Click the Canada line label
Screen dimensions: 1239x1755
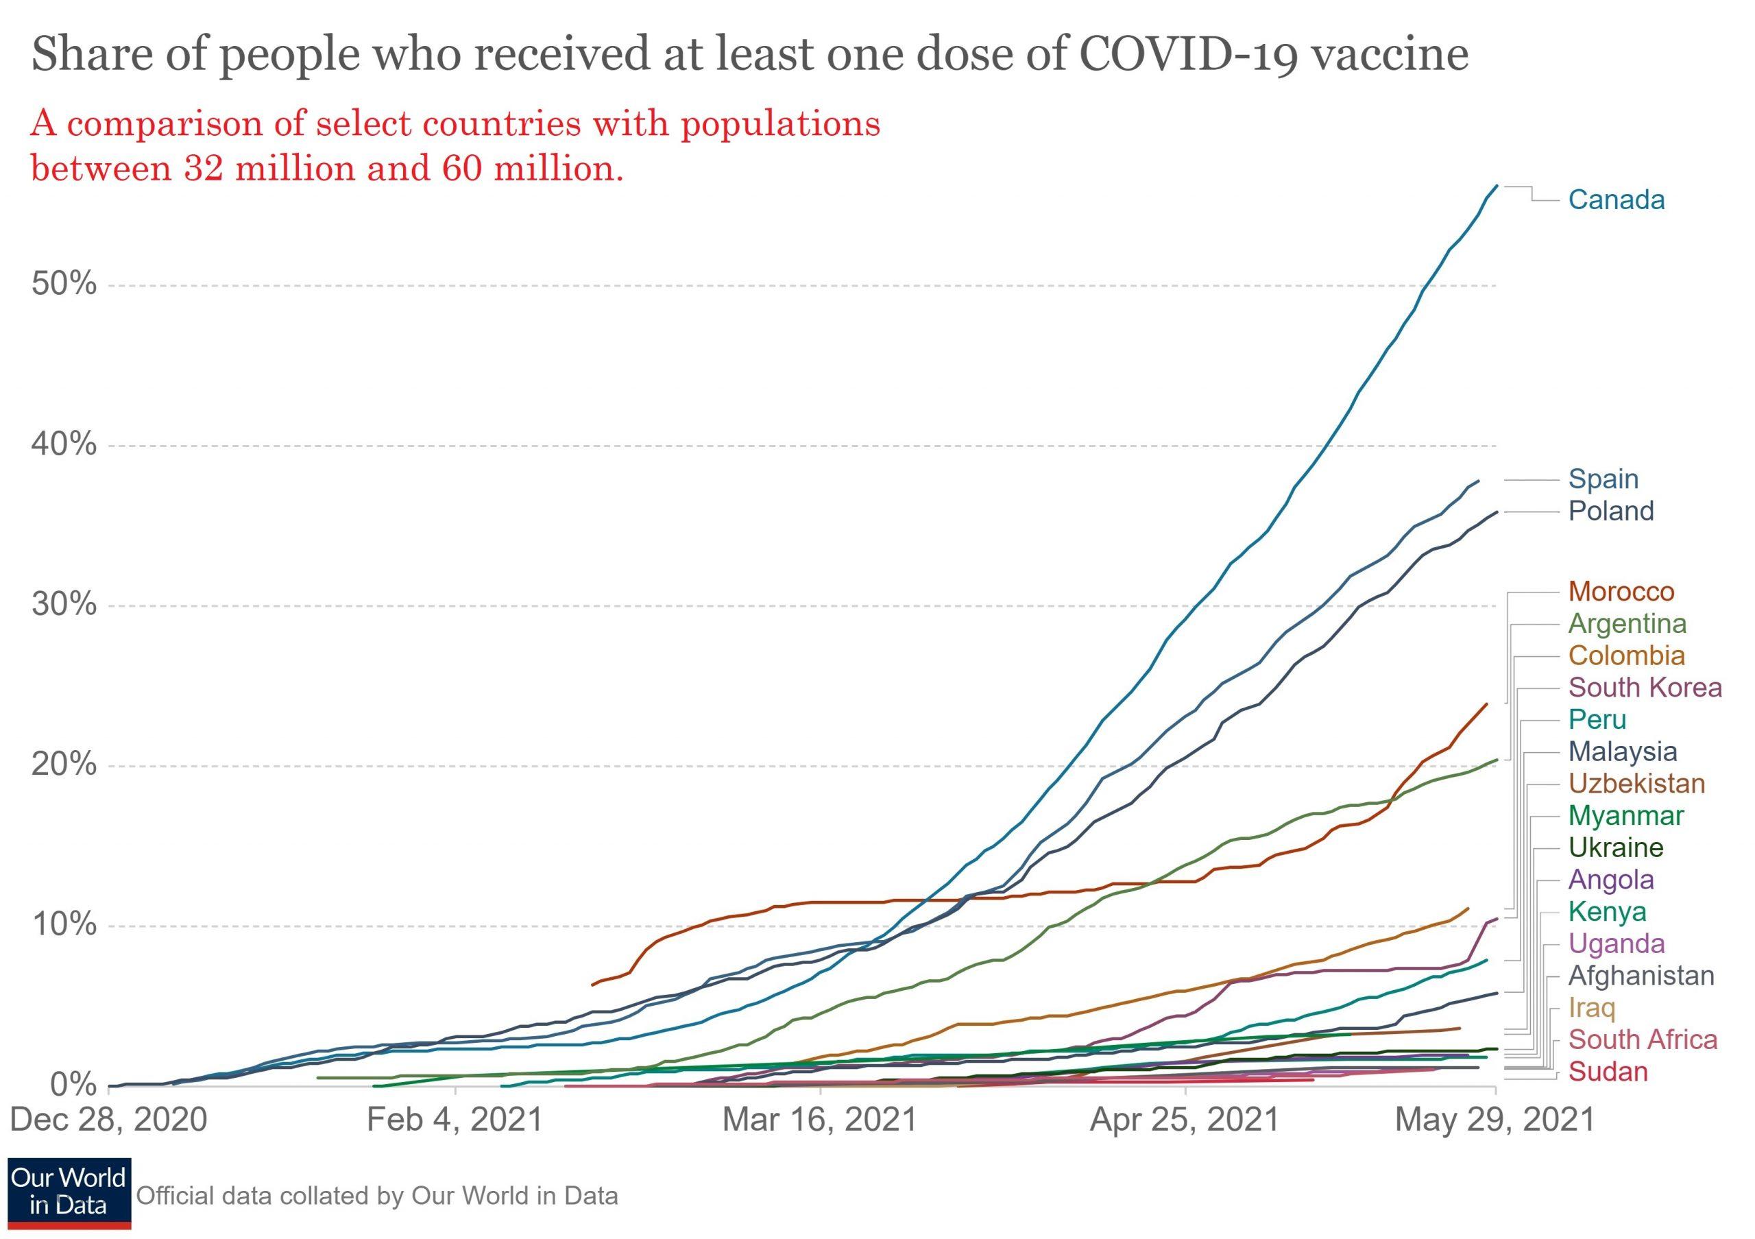pos(1616,200)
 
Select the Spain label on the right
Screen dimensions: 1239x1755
pos(1603,479)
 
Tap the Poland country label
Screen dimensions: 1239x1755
pos(1610,511)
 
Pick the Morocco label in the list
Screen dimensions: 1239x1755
pos(1621,591)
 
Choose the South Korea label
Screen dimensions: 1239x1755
pos(1645,687)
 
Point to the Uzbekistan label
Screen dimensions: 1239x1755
pos(1636,784)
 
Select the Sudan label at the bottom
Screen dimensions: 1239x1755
pos(1608,1072)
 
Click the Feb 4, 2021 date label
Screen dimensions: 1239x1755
pos(455,1120)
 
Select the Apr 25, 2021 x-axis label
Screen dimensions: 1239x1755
pos(1184,1120)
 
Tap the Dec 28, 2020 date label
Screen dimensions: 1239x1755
pos(108,1120)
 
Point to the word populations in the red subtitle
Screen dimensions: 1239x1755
pos(779,124)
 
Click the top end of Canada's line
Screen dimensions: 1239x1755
pos(1496,186)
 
